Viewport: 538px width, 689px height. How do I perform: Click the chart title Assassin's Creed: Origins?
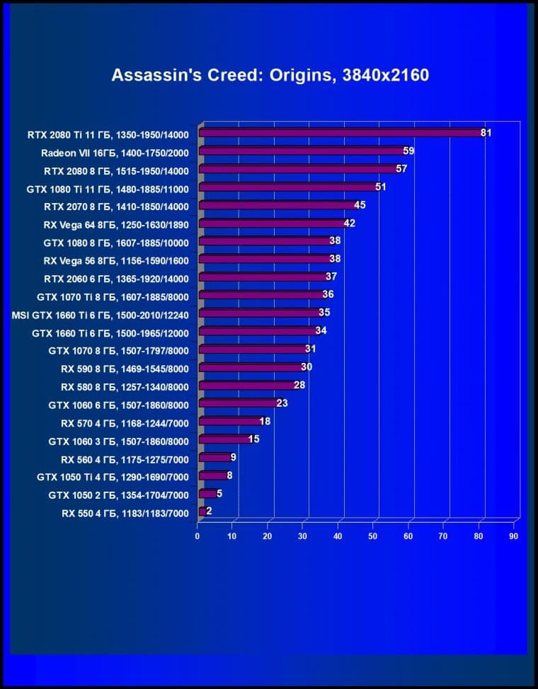270,75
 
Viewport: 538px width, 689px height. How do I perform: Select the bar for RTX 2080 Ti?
340,132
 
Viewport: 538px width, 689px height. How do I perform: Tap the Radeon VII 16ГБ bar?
301,151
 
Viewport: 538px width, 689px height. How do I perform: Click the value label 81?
486,132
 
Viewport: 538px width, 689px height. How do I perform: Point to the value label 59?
408,151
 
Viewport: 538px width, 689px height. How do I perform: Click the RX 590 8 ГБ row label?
125,368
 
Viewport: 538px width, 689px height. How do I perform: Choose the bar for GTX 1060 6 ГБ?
238,403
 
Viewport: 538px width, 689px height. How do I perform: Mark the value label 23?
282,403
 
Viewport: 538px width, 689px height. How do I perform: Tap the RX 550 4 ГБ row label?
125,511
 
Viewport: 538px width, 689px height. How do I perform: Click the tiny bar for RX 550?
202,511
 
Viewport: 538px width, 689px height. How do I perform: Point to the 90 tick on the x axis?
513,536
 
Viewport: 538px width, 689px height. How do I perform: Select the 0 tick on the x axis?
198,536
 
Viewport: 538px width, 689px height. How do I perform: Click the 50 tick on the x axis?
373,536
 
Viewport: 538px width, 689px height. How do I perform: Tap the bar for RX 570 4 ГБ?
229,422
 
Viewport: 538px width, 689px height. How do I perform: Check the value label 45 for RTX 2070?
360,205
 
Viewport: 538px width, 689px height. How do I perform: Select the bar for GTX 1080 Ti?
287,187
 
